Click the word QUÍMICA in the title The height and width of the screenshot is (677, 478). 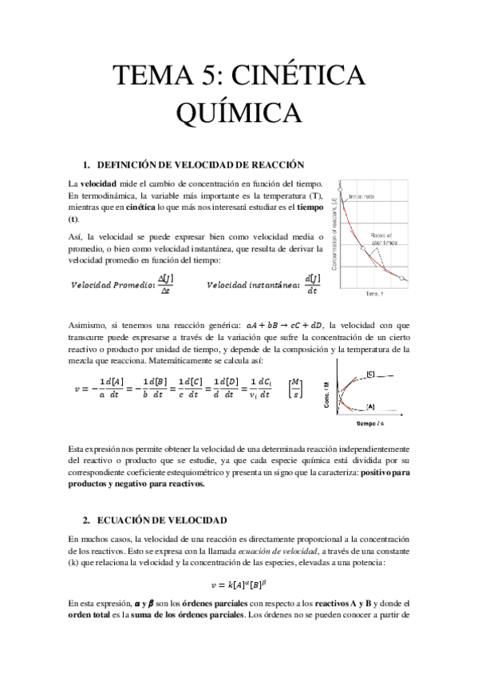[x=239, y=113]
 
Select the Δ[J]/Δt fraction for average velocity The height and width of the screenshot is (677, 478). [x=165, y=283]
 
